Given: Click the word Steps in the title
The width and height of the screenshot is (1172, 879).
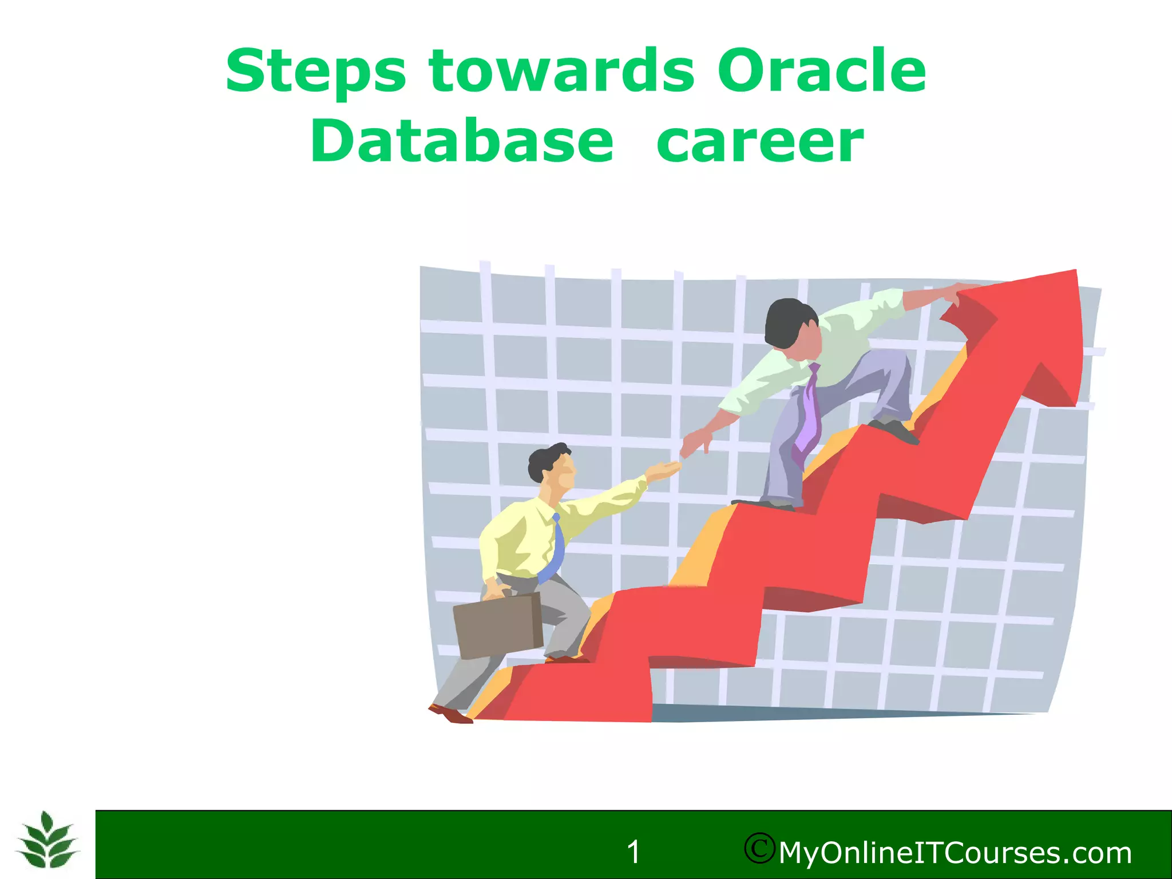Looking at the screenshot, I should point(315,72).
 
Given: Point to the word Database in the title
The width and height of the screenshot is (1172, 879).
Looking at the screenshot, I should point(462,141).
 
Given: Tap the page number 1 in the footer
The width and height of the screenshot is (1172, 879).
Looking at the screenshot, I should point(633,852).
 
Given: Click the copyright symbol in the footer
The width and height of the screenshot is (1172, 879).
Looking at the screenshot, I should point(759,848).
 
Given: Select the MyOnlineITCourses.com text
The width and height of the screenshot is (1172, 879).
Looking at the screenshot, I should point(955,853).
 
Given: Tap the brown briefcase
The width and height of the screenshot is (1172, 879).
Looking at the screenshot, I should point(498,625).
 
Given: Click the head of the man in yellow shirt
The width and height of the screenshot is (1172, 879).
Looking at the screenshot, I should point(552,466).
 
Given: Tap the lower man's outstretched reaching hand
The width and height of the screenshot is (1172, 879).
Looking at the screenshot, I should point(664,470).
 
